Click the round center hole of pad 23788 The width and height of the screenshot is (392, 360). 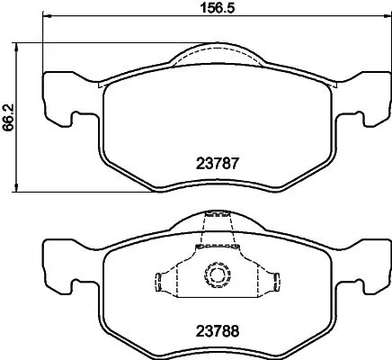pos(216,274)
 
